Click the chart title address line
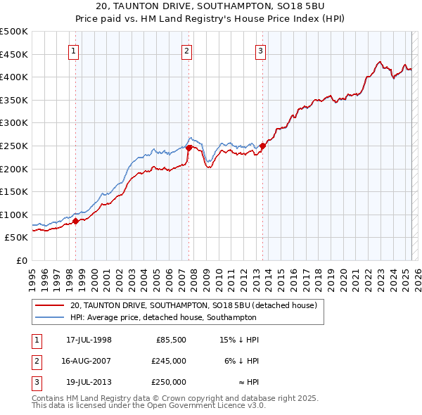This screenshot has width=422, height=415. point(210,8)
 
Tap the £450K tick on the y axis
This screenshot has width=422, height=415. point(15,54)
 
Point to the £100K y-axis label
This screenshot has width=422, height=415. point(15,215)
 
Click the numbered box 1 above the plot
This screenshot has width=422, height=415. point(73,50)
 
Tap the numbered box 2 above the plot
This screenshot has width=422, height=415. point(187,50)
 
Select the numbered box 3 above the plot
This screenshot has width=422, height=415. point(260,50)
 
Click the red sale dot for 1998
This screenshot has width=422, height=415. point(76,222)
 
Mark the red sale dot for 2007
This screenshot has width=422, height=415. point(189,148)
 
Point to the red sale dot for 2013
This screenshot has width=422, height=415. point(262,146)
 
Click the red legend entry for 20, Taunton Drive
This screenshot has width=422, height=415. point(193,305)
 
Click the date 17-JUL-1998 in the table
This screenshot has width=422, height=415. point(89,340)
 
